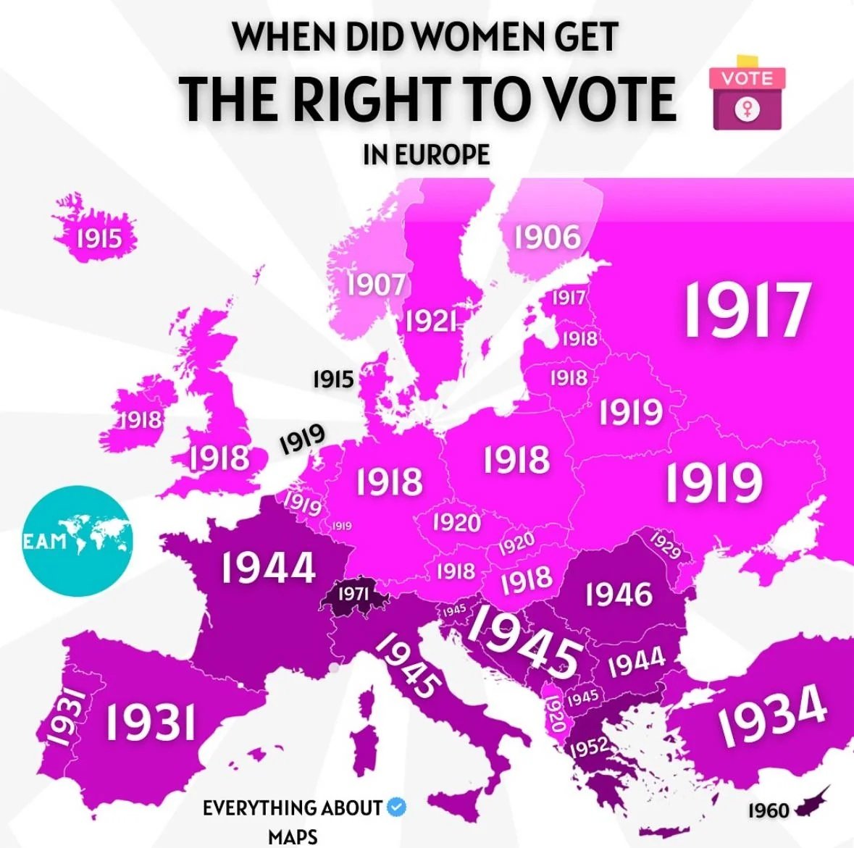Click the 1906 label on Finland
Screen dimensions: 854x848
click(548, 238)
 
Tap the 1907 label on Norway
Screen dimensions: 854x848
click(375, 284)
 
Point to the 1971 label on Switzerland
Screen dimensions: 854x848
click(354, 594)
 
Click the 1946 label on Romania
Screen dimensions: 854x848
click(619, 595)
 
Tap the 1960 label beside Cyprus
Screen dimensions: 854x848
click(769, 810)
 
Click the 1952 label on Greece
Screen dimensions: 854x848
click(587, 747)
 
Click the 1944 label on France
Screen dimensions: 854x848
click(268, 567)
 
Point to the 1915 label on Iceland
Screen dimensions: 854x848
click(99, 237)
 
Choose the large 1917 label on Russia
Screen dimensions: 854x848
click(745, 310)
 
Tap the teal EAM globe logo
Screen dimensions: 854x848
click(77, 540)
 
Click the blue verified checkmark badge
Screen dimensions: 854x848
click(396, 806)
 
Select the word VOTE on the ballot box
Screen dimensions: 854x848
click(748, 78)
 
